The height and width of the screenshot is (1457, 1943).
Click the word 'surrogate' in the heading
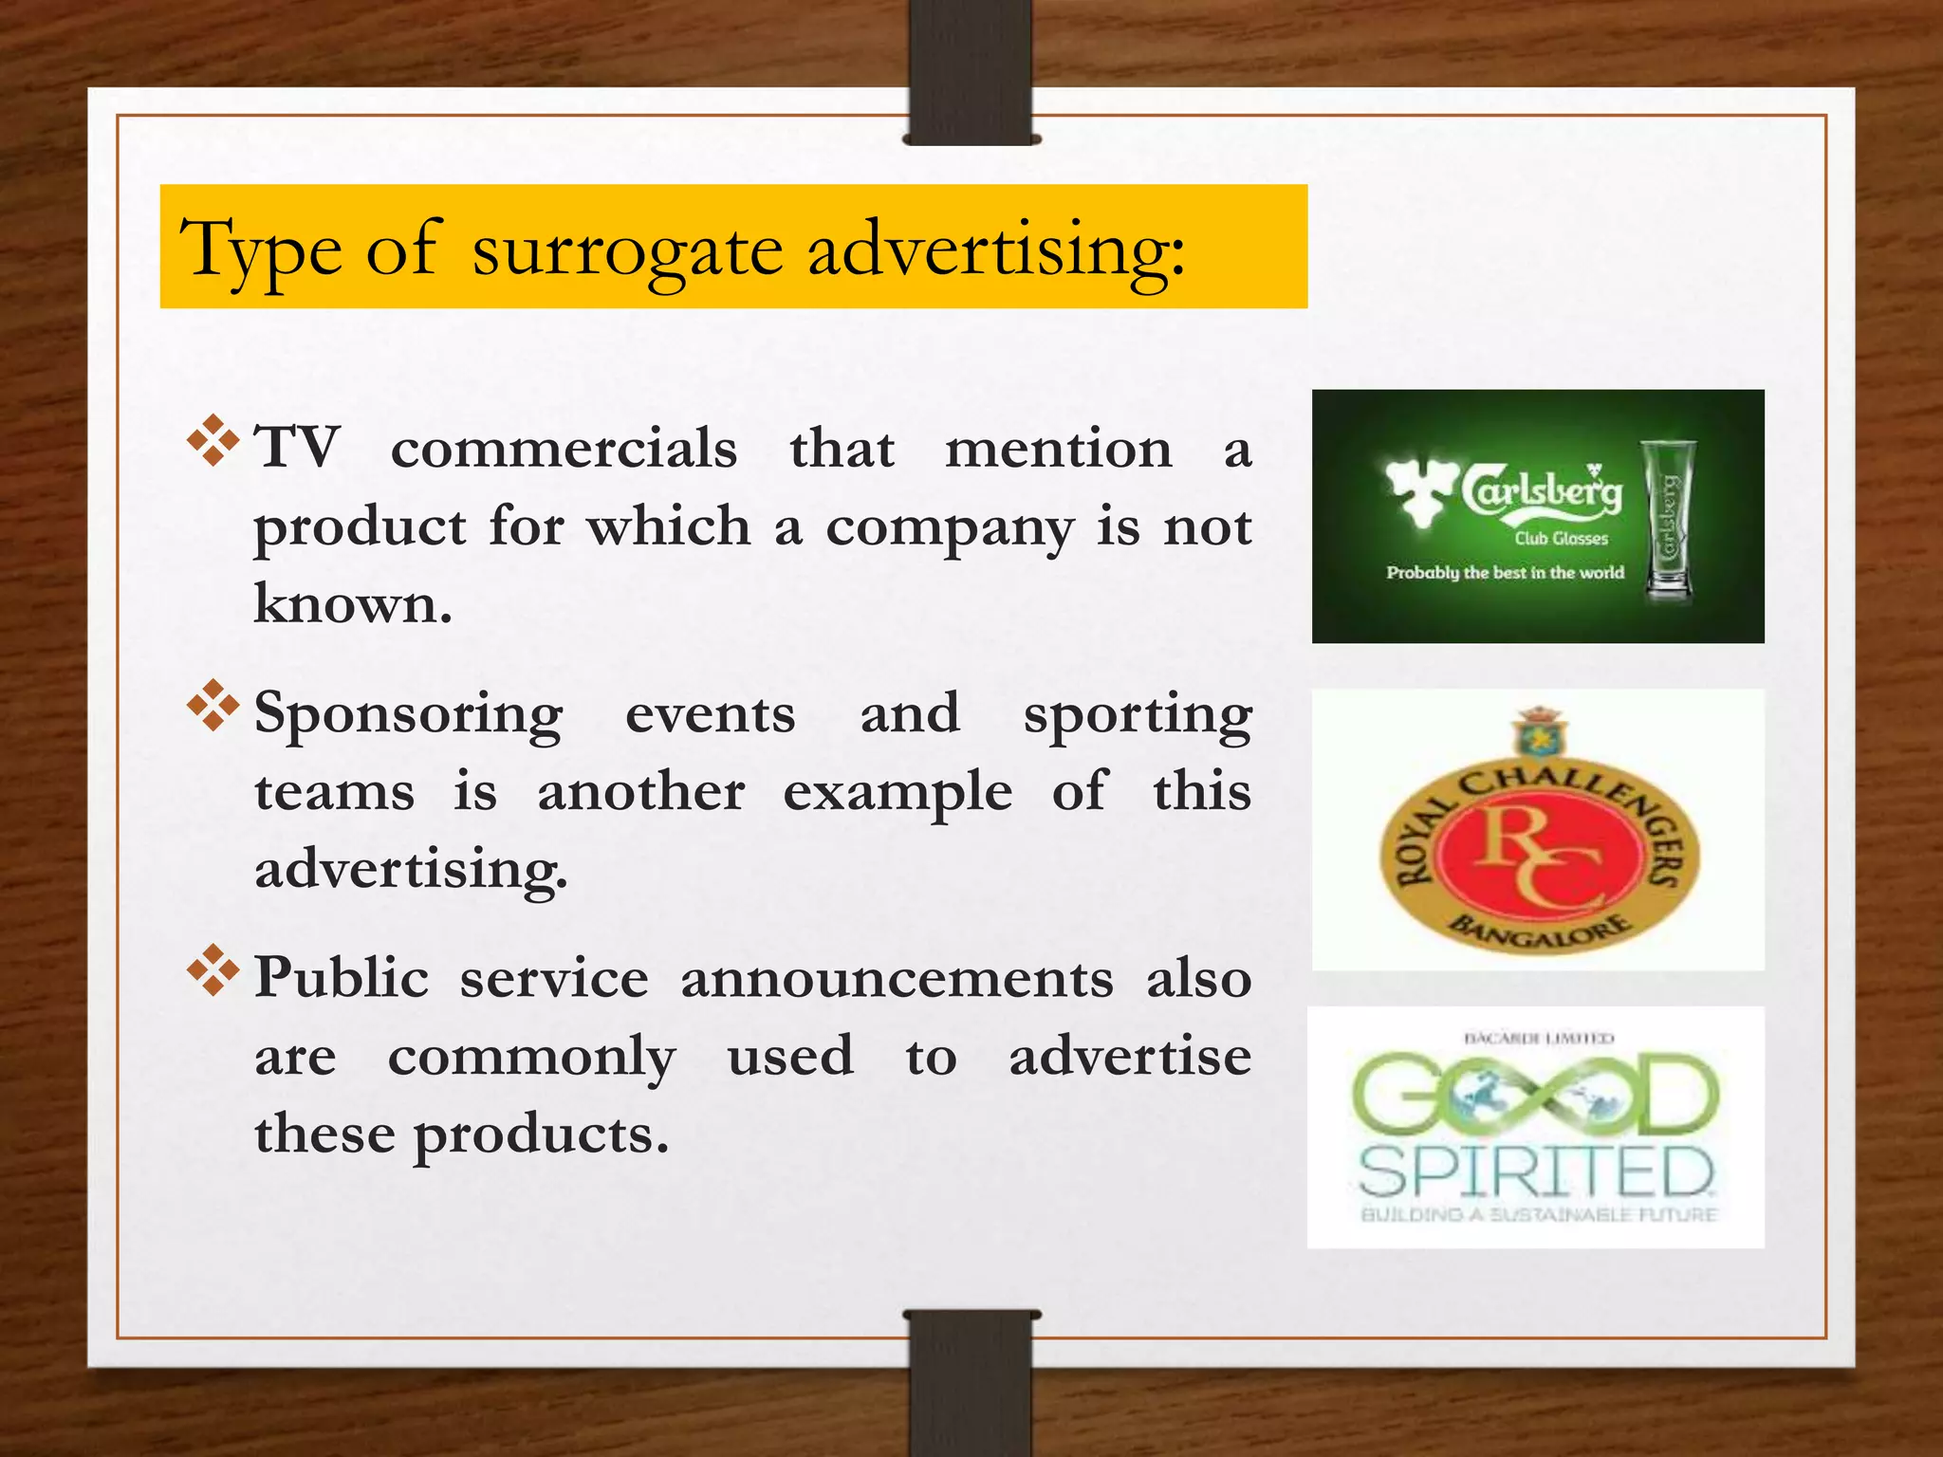(627, 250)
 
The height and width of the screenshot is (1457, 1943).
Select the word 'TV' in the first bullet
(297, 447)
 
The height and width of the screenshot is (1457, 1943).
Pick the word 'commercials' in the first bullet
(564, 448)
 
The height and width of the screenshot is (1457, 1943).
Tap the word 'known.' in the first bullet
(353, 603)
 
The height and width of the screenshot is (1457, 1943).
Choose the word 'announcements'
(897, 979)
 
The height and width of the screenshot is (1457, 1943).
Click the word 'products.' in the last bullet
(542, 1134)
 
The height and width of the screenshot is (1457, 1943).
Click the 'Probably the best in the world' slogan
(1505, 573)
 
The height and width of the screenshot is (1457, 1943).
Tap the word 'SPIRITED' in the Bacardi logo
(1536, 1172)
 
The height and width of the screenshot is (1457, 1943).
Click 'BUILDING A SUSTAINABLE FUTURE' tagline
(1538, 1215)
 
